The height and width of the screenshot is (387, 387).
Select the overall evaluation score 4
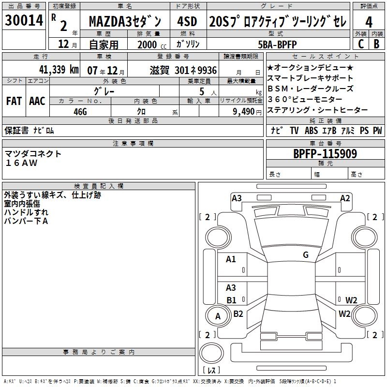point(369,22)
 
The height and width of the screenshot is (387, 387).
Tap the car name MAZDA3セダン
point(128,22)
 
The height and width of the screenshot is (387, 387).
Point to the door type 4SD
point(187,22)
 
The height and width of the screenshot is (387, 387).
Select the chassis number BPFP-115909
point(325,154)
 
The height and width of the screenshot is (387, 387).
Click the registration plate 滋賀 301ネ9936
point(183,70)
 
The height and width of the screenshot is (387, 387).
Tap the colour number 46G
point(80,111)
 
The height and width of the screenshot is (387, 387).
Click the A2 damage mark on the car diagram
point(345,198)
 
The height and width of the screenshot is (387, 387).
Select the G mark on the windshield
point(305,255)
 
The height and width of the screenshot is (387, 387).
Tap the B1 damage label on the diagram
point(231,300)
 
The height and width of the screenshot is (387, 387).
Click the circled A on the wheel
point(218,316)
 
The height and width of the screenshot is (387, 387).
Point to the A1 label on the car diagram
point(231,259)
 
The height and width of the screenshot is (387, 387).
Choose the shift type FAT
point(14,101)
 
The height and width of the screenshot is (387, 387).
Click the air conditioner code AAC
point(37,101)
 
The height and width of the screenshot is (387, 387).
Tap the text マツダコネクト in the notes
point(33,154)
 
